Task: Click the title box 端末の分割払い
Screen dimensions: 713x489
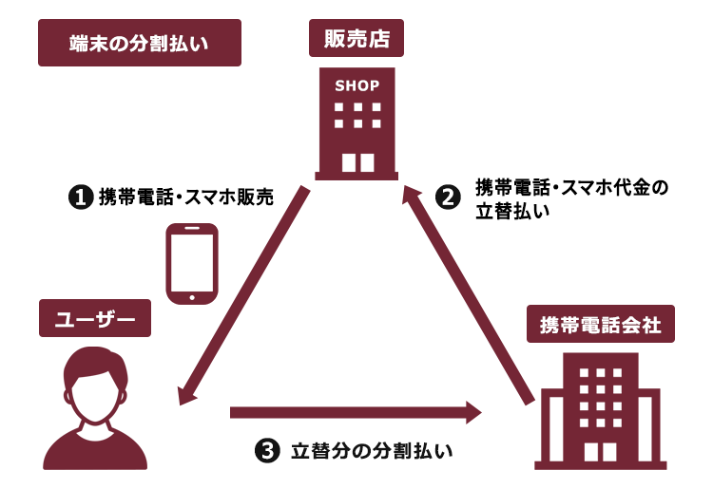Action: point(140,43)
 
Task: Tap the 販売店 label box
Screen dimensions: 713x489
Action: point(356,38)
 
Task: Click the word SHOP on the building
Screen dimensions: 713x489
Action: point(356,85)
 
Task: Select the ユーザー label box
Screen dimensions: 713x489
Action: point(95,318)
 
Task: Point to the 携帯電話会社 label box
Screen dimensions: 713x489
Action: point(601,324)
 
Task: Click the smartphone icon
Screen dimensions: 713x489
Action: point(192,263)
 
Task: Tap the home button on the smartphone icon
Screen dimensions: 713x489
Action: point(192,298)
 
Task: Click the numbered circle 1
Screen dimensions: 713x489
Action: point(81,197)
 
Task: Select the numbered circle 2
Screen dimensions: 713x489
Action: point(448,197)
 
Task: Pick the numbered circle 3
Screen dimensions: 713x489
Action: point(267,451)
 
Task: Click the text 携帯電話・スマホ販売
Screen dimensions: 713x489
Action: point(186,197)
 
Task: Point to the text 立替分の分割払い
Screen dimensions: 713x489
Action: point(372,451)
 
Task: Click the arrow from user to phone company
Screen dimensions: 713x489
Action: point(356,412)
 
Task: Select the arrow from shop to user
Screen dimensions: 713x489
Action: point(244,295)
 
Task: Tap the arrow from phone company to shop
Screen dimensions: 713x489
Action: point(469,294)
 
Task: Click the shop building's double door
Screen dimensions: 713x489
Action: point(357,162)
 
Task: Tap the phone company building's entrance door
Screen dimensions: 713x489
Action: point(600,452)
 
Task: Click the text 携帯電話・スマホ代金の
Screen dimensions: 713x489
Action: point(571,187)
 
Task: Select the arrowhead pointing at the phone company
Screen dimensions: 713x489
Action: point(473,412)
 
